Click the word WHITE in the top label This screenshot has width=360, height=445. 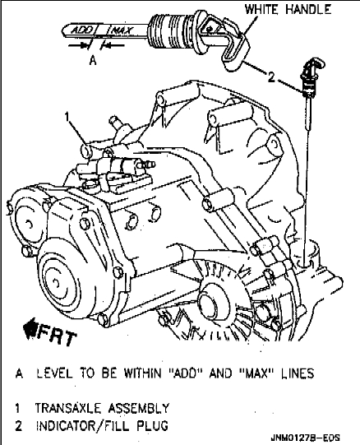click(x=263, y=9)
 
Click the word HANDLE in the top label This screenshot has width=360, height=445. click(x=308, y=9)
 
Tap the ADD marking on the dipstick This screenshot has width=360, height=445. click(x=81, y=30)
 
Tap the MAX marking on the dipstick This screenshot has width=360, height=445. click(x=122, y=30)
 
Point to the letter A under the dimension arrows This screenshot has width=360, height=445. click(x=93, y=60)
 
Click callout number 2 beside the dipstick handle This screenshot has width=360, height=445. click(x=271, y=76)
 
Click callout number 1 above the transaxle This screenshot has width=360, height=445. click(x=67, y=117)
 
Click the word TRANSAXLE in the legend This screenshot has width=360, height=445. click(x=67, y=408)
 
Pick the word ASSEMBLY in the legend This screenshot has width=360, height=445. click(x=138, y=408)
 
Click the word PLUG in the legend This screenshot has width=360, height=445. click(x=153, y=426)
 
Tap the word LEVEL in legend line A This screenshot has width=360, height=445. click(x=54, y=373)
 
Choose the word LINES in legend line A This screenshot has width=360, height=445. click(x=298, y=373)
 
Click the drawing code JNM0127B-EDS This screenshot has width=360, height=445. click(x=305, y=438)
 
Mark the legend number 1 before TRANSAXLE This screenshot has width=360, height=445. click(x=17, y=408)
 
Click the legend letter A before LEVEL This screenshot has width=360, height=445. click(x=19, y=373)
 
